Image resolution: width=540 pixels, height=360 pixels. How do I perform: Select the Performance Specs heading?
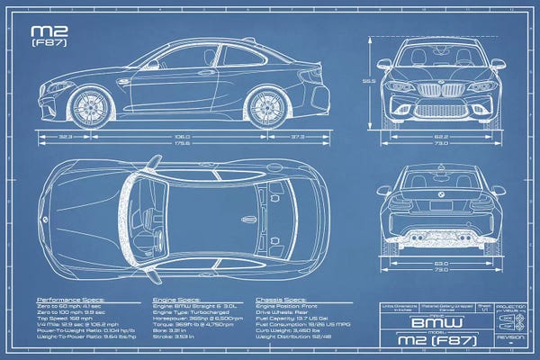[x=70, y=298]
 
